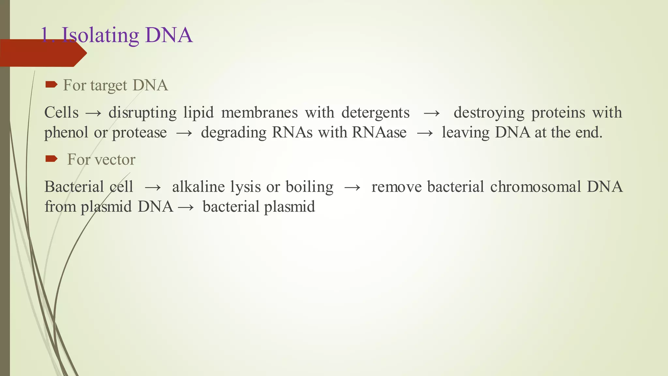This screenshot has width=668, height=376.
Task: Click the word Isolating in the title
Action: point(100,35)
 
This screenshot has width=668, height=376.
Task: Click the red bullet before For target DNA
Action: point(51,85)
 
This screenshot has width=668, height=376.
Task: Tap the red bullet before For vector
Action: point(51,159)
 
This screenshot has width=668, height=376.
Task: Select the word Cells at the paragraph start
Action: point(61,113)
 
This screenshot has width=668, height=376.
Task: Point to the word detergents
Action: point(375,113)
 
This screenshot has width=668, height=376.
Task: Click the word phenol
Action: point(66,133)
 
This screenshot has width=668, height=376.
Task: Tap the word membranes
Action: point(259,113)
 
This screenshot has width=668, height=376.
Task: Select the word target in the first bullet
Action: point(109,86)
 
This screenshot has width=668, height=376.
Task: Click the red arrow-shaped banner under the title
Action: point(42,53)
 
